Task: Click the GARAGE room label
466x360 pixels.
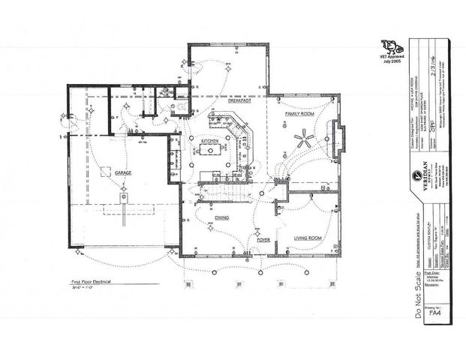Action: click(x=122, y=172)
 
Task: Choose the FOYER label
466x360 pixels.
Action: click(x=263, y=240)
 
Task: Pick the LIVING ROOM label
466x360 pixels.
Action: click(x=308, y=238)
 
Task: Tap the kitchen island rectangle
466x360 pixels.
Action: click(x=209, y=155)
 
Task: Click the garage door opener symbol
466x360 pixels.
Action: click(x=123, y=196)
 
